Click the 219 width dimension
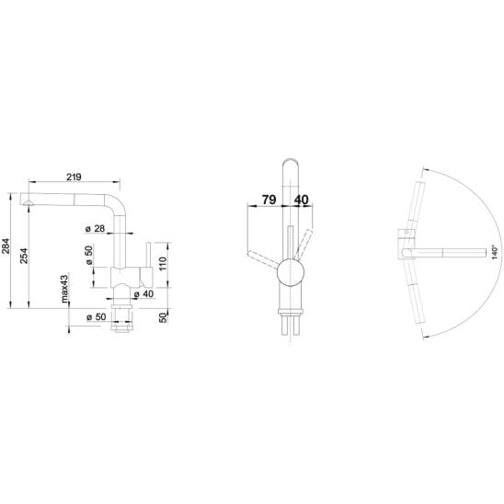pyautogui.click(x=74, y=177)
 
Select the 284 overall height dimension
pyautogui.click(x=6, y=246)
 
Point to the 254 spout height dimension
pyautogui.click(x=24, y=256)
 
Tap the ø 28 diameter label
pyautogui.click(x=96, y=228)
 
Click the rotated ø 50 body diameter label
pyautogui.click(x=89, y=255)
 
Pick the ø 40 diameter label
pyautogui.click(x=143, y=293)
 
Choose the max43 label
pyautogui.click(x=64, y=289)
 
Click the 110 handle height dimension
pyautogui.click(x=163, y=264)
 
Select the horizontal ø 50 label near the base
pyautogui.click(x=96, y=317)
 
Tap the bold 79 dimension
pyautogui.click(x=269, y=200)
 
